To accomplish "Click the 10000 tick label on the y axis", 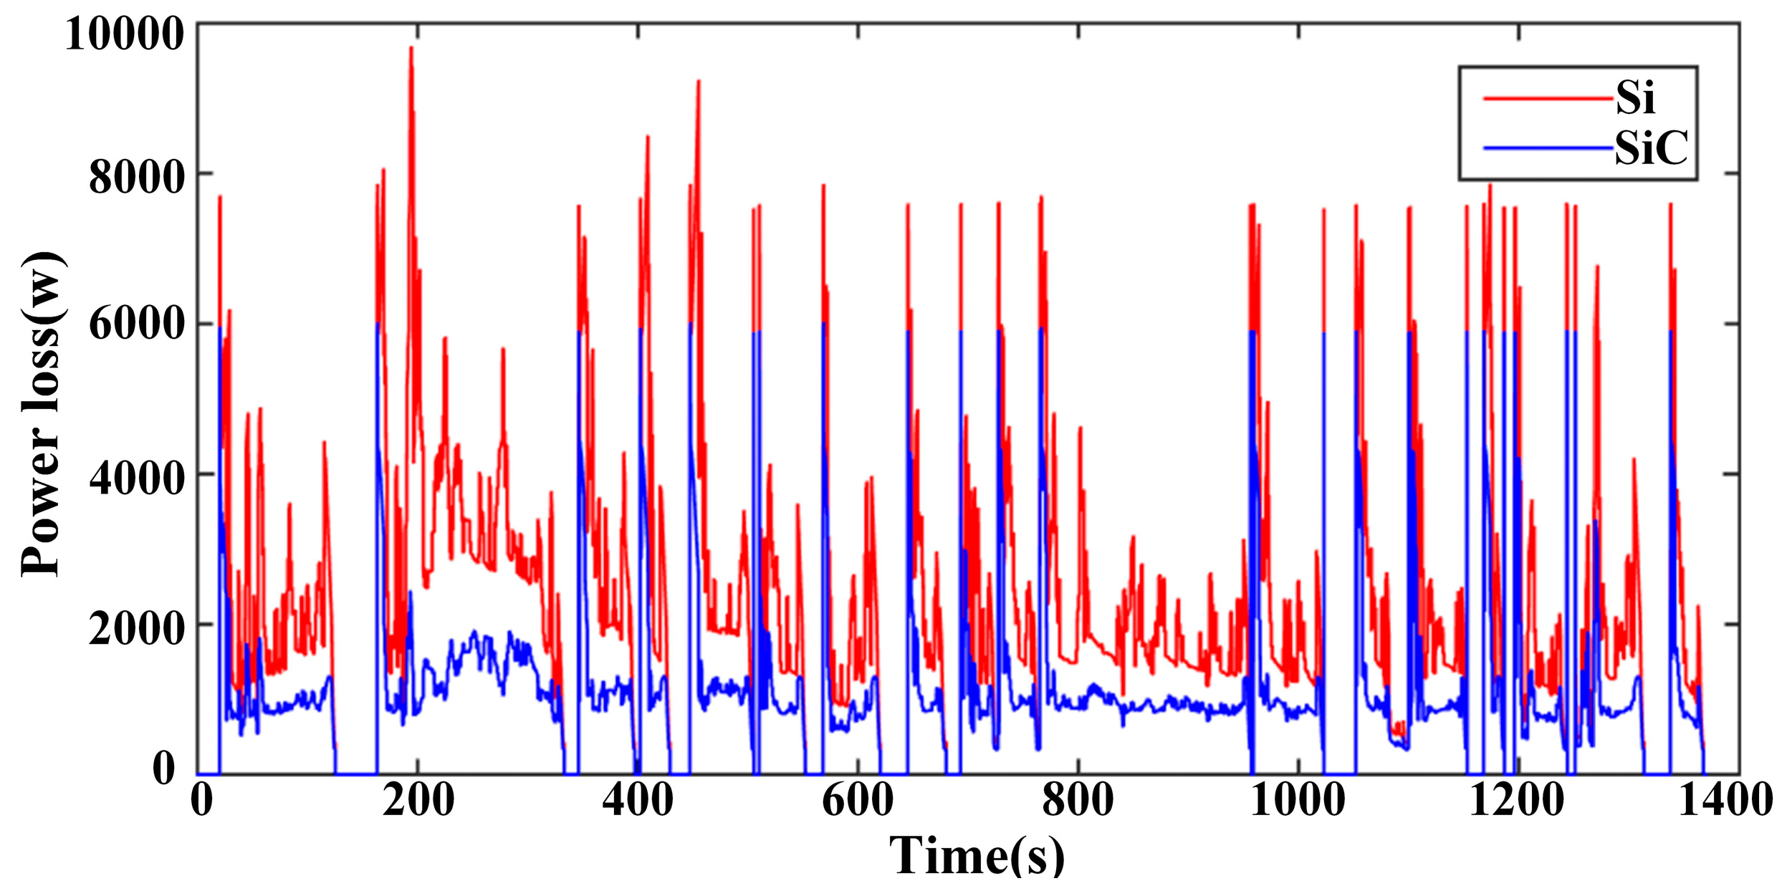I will pos(125,34).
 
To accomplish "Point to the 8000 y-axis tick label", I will pos(137,178).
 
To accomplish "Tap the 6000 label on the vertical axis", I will pos(137,324).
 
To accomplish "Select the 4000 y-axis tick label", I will pos(137,477).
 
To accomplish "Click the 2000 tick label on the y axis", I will pos(137,628).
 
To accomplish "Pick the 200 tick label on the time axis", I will pos(418,799).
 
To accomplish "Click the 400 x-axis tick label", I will pos(638,799).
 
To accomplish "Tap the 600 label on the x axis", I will pos(858,799).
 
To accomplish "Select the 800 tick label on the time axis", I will pos(1078,799).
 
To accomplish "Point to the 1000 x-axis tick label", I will pos(1298,799).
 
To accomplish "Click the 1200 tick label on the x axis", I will pos(1517,799).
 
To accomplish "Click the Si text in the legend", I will pos(1635,97).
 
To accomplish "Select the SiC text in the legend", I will pos(1651,148).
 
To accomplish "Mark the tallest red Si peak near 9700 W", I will pos(411,48).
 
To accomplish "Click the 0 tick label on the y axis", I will pos(164,768).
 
